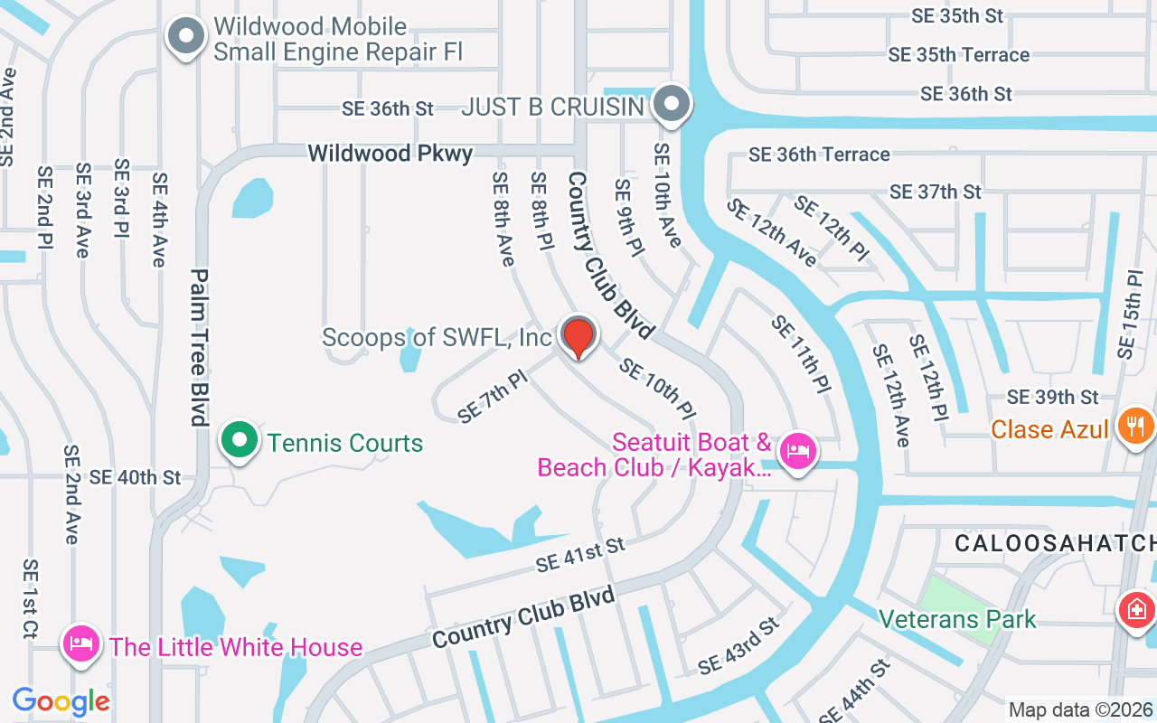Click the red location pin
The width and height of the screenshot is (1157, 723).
[x=578, y=337]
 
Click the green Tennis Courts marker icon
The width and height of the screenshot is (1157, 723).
[x=240, y=441]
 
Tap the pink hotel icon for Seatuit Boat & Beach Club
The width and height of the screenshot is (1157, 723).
[x=796, y=449]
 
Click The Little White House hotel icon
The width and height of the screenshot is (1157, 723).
[x=81, y=644]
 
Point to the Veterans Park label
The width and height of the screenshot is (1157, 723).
[x=958, y=620]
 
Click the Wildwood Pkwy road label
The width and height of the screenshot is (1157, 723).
[x=390, y=154]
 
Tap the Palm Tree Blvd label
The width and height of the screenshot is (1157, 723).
[x=200, y=347]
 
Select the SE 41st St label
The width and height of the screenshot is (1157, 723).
[x=580, y=555]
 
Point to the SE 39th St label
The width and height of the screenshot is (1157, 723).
[x=1052, y=397]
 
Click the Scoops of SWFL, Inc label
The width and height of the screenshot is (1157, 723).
[x=437, y=338]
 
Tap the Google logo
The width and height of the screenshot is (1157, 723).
[x=61, y=700]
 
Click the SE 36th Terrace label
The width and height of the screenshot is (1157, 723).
[x=819, y=155]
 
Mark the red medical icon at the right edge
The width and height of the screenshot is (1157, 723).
[x=1137, y=610]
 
